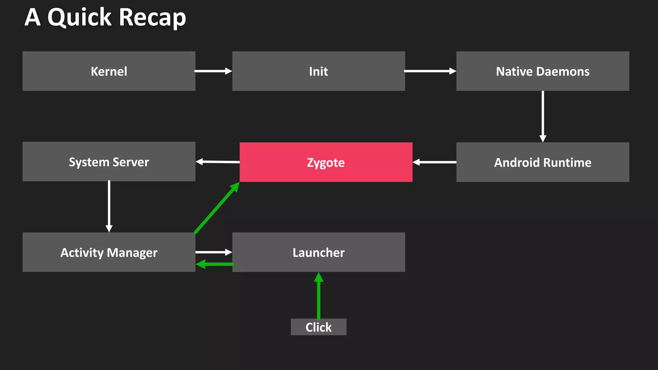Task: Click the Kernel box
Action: tap(109, 71)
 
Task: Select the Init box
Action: tap(318, 71)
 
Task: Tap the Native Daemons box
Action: tap(543, 71)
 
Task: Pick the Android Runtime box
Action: tap(543, 162)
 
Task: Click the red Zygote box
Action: tap(326, 162)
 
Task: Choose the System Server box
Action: tap(109, 162)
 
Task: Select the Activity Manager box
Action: tap(109, 252)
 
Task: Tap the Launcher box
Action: tap(318, 252)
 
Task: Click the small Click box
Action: tap(318, 327)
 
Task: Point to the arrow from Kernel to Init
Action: tap(213, 71)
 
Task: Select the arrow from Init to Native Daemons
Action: tap(430, 71)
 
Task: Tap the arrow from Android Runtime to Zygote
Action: tap(434, 162)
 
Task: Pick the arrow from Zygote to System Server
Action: tap(218, 162)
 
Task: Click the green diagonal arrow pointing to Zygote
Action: tap(217, 208)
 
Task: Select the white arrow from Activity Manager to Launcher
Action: tap(213, 252)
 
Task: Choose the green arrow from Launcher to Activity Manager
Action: tap(215, 264)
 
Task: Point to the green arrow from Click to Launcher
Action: tap(318, 295)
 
